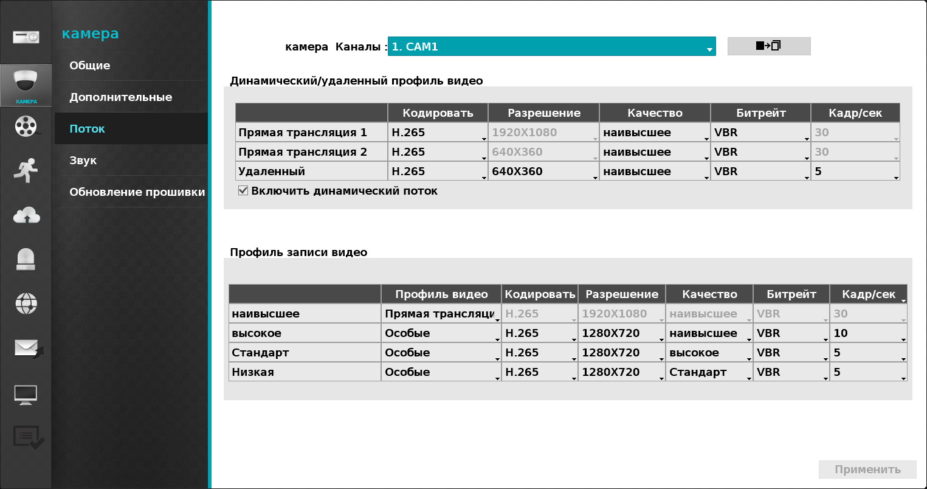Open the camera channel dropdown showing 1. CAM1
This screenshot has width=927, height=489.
[x=551, y=47]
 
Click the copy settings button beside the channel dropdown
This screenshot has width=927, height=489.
[x=768, y=46]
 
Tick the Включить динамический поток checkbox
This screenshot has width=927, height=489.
[x=243, y=191]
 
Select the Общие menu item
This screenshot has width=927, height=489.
[x=90, y=66]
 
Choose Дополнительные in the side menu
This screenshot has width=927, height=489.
[x=120, y=97]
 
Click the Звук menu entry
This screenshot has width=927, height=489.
[x=83, y=161]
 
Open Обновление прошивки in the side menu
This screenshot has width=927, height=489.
[x=137, y=192]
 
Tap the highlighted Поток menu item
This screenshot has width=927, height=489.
[x=88, y=129]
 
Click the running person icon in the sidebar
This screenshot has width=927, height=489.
[x=26, y=170]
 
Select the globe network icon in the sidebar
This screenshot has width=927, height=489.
[x=26, y=303]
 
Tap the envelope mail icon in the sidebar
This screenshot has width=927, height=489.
[x=26, y=348]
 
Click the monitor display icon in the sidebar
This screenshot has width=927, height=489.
[x=26, y=394]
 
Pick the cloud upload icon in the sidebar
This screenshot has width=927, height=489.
[x=26, y=215]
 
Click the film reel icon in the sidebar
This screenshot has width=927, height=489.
[x=26, y=126]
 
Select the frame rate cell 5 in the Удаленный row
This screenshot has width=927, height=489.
[x=855, y=172]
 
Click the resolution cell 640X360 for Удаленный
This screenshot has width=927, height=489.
[x=543, y=172]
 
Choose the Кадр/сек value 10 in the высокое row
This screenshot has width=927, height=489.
[x=868, y=333]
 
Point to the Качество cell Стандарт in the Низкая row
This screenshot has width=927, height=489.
[x=709, y=372]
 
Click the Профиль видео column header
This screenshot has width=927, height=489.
[x=441, y=294]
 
